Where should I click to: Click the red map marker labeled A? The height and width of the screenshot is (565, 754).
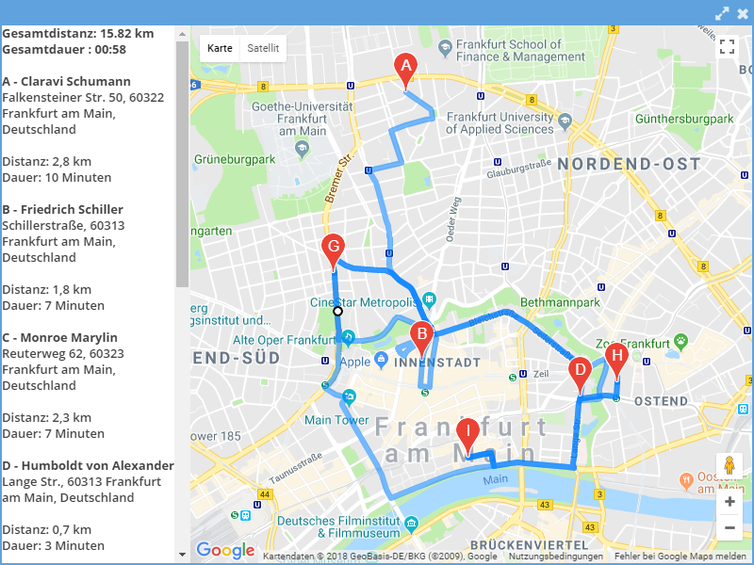pos(405,68)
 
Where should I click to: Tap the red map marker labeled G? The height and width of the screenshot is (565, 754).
pos(332,250)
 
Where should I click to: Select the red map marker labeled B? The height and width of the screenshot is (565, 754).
pos(422,334)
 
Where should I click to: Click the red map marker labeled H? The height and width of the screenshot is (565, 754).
pos(616,358)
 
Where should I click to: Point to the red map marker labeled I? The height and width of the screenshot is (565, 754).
pos(467,435)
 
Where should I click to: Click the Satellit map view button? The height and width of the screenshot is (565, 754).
pos(263,48)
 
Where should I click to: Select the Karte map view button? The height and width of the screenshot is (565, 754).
pos(220,48)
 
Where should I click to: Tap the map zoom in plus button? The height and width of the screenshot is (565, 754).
pos(729,502)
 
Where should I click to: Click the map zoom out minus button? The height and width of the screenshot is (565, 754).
pos(729,528)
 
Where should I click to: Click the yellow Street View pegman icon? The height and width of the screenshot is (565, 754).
pos(729,465)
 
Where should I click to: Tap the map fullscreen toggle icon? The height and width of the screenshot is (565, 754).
pos(727,47)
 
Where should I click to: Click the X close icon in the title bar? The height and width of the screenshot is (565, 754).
pos(743,12)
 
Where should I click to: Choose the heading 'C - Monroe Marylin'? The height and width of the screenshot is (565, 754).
pos(59,337)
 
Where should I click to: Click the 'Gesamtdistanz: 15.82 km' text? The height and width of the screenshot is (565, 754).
pos(77,33)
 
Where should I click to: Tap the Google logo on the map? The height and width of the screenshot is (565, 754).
pos(225,550)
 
